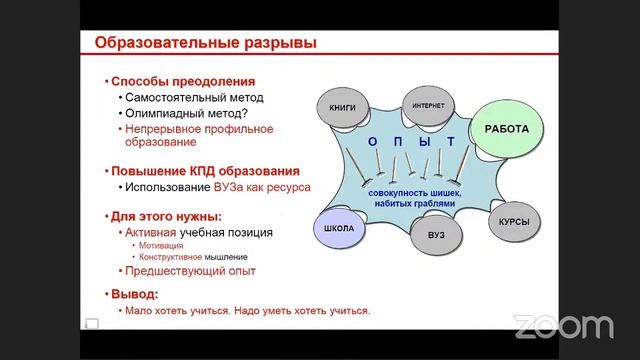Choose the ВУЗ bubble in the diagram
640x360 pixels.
(x=436, y=234)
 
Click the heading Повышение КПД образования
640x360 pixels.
(x=205, y=169)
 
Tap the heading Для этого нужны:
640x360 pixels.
(x=166, y=216)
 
